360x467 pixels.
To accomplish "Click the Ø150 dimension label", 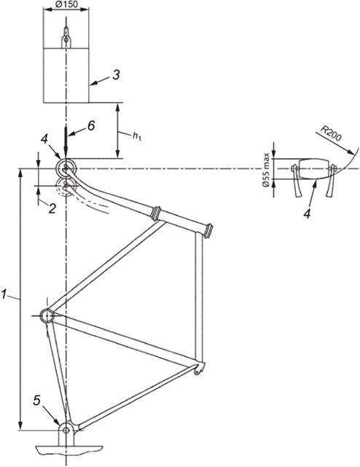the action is point(67,4).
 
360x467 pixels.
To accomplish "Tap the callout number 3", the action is point(116,75).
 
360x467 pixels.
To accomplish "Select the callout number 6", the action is point(91,125).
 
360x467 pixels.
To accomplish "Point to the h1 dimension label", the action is point(137,136).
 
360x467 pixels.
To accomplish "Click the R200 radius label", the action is point(332,135).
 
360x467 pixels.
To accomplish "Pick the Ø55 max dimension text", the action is point(266,170).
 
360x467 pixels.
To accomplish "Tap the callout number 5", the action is point(36,401).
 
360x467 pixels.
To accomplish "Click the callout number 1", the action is point(4,294).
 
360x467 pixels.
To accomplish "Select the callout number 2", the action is point(52,208).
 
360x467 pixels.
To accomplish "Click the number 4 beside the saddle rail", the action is point(44,140).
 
